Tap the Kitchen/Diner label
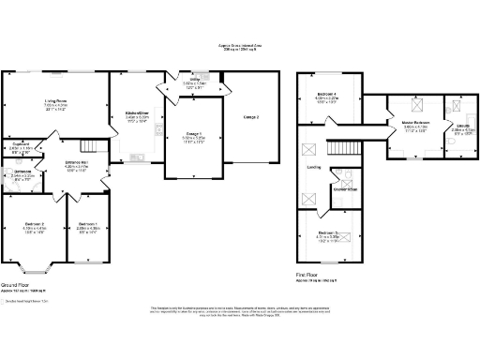point(138,114)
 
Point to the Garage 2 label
point(250,116)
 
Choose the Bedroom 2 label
point(33,226)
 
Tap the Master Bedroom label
point(415,122)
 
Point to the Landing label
point(314,167)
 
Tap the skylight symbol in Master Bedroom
point(410,107)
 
